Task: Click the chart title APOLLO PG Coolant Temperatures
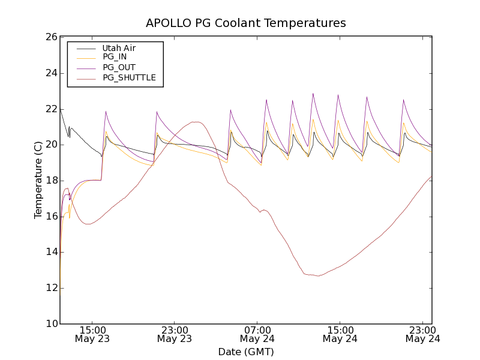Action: [x=246, y=23]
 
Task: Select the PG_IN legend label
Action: [x=115, y=57]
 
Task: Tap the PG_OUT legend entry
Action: [x=118, y=67]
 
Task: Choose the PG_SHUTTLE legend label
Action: [x=129, y=77]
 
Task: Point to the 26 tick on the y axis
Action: [x=50, y=37]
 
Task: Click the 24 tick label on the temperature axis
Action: [x=50, y=73]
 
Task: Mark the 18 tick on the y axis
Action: [x=50, y=181]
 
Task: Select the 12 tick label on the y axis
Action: [x=50, y=288]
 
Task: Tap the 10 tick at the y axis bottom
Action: [x=50, y=324]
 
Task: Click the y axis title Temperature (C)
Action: [x=38, y=180]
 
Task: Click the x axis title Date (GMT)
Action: [x=246, y=352]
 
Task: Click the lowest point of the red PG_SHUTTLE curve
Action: [x=319, y=276]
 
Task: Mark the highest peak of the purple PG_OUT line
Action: [x=313, y=94]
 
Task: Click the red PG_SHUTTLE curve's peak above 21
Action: [x=194, y=122]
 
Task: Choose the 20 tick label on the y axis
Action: [x=50, y=145]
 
